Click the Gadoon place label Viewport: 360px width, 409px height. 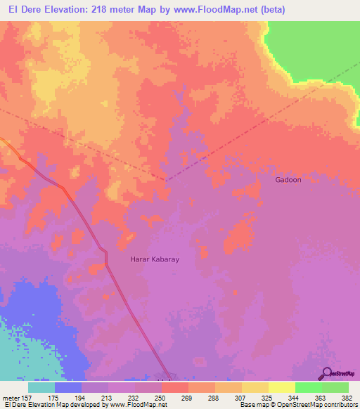[288, 180]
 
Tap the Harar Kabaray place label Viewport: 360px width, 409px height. [155, 259]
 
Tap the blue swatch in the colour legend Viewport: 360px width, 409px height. [67, 387]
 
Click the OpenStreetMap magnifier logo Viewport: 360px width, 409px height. [326, 374]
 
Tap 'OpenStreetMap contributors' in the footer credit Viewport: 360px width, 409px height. [321, 405]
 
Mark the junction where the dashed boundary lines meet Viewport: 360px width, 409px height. [167, 180]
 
